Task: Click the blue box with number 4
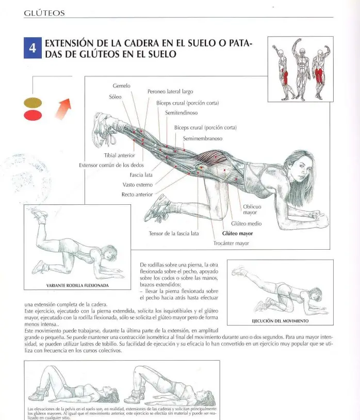pos(32,48)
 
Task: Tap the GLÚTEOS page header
pos(44,13)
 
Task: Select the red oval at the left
pos(32,116)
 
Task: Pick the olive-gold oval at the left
pos(32,103)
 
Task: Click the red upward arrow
pos(63,108)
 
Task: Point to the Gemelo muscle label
pos(122,86)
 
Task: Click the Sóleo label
pos(115,96)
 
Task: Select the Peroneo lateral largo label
pos(170,91)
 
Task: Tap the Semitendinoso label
pos(181,113)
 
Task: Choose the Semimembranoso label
pos(203,138)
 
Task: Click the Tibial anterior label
pos(119,155)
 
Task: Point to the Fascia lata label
pos(141,175)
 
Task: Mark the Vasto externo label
pos(138,185)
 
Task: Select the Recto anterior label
pos(137,195)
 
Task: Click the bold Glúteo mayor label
pos(237,233)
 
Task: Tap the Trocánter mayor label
pos(231,243)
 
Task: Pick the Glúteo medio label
pos(246,223)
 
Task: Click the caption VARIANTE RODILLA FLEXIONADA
pos(77,285)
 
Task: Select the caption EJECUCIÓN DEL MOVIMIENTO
pos(280,321)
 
